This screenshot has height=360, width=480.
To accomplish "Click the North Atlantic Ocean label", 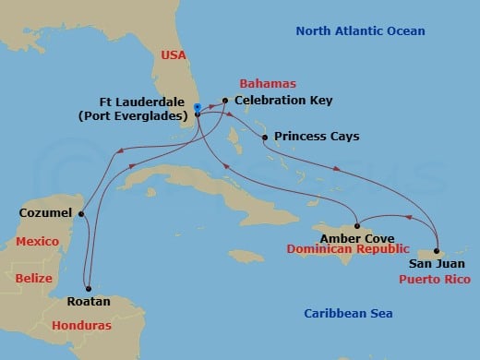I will [360, 31].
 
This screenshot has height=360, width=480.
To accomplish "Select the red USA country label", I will [174, 55].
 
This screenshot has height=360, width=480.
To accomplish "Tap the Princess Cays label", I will [318, 137].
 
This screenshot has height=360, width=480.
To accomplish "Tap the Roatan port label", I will [89, 301].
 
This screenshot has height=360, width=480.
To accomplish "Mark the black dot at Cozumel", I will [81, 214].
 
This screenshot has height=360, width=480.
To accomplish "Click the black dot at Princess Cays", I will [265, 138].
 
